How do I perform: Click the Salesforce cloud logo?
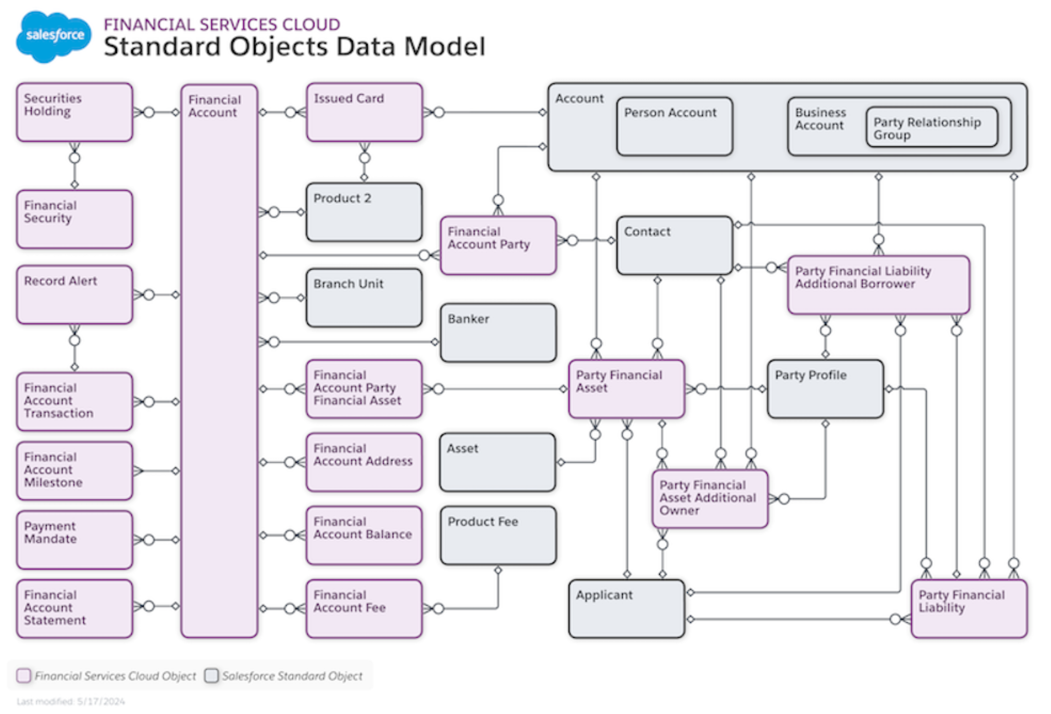pyautogui.click(x=53, y=36)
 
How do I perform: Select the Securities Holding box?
pyautogui.click(x=75, y=112)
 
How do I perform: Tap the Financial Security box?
pyautogui.click(x=75, y=219)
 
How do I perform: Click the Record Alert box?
pyautogui.click(x=75, y=295)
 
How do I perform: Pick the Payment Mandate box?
pyautogui.click(x=75, y=540)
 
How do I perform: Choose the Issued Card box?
pyautogui.click(x=365, y=112)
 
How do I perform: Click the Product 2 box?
pyautogui.click(x=365, y=212)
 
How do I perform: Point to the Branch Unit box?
pyautogui.click(x=365, y=298)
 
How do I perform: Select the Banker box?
pyautogui.click(x=498, y=333)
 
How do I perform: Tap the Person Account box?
pyautogui.click(x=675, y=126)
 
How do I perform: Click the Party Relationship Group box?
pyautogui.click(x=932, y=127)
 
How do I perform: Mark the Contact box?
pyautogui.click(x=675, y=245)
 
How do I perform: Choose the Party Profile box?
pyautogui.click(x=825, y=389)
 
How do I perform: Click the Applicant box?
pyautogui.click(x=627, y=609)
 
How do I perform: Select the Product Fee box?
pyautogui.click(x=498, y=535)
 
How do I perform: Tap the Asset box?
pyautogui.click(x=497, y=462)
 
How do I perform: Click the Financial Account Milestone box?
pyautogui.click(x=75, y=471)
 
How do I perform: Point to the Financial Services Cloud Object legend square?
pyautogui.click(x=23, y=676)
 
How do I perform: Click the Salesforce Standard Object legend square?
pyautogui.click(x=211, y=676)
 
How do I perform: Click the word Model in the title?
pyautogui.click(x=444, y=47)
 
